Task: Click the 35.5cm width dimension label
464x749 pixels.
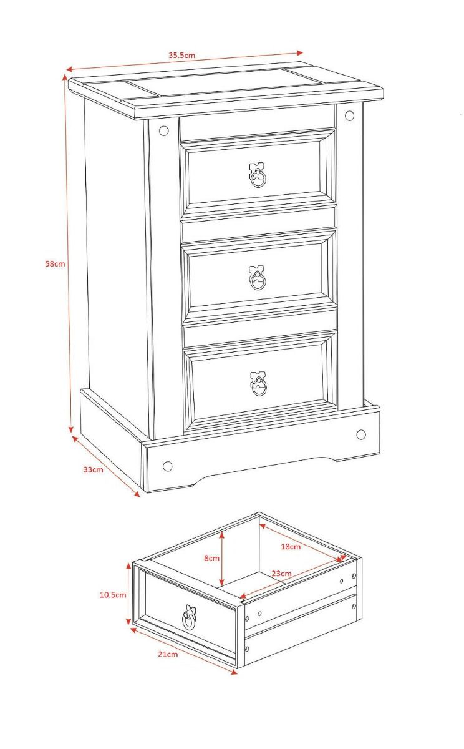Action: pyautogui.click(x=181, y=55)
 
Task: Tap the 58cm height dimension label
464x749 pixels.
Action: pyautogui.click(x=55, y=263)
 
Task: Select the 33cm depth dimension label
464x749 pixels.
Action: pyautogui.click(x=93, y=469)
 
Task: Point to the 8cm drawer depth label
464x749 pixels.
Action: pyautogui.click(x=212, y=558)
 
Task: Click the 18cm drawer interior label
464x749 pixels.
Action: pyautogui.click(x=290, y=547)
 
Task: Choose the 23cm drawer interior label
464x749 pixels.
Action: pyautogui.click(x=281, y=574)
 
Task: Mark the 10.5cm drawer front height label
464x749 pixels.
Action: pyautogui.click(x=113, y=595)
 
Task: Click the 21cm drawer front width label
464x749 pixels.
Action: pyautogui.click(x=168, y=654)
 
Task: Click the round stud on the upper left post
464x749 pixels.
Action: pyautogui.click(x=163, y=131)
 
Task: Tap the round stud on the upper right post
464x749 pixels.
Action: pyautogui.click(x=349, y=115)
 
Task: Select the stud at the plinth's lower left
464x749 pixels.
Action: pyautogui.click(x=167, y=466)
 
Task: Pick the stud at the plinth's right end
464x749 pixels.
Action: pyautogui.click(x=361, y=434)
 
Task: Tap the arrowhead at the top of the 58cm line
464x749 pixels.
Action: pyautogui.click(x=64, y=77)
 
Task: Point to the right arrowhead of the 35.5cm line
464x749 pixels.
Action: pyautogui.click(x=299, y=52)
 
